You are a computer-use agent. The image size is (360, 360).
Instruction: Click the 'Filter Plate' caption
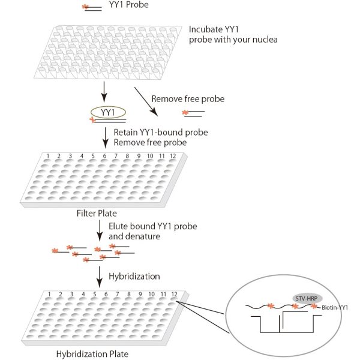(x=96, y=213)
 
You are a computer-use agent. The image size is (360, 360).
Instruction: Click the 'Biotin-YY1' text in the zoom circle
(x=335, y=308)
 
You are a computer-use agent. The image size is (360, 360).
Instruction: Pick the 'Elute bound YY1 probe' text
(x=153, y=226)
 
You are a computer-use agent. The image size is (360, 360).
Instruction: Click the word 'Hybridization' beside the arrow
(x=134, y=276)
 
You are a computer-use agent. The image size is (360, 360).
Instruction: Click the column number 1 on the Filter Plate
(x=47, y=156)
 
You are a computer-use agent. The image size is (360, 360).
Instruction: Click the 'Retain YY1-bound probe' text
(x=150, y=132)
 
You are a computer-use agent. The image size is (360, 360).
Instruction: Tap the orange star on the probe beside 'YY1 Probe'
(x=85, y=7)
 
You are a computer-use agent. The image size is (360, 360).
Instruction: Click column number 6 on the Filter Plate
(x=104, y=156)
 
